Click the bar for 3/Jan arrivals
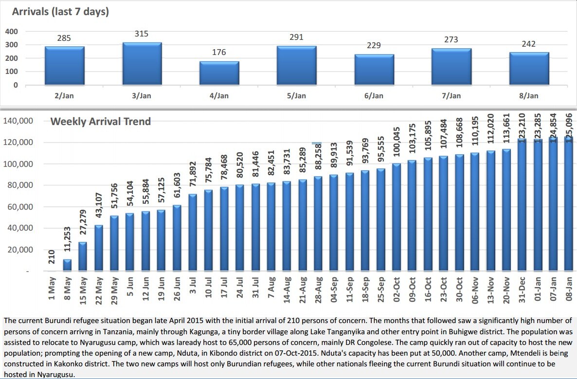tap(142, 64)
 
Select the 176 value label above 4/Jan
tap(219, 52)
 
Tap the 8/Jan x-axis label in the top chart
tap(528, 96)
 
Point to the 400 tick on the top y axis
tap(11, 32)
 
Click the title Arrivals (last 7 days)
tap(60, 12)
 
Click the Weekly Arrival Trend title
tap(101, 122)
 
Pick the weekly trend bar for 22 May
tap(99, 248)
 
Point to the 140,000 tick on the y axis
tap(18, 121)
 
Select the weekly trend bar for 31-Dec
tap(522, 204)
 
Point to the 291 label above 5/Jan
tap(296, 37)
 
